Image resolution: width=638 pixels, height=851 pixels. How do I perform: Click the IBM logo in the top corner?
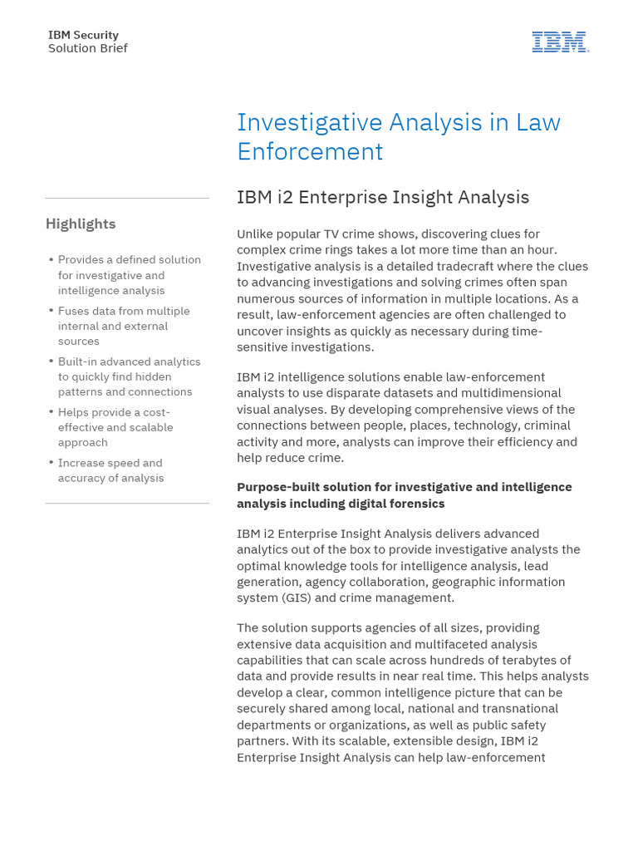pyautogui.click(x=561, y=42)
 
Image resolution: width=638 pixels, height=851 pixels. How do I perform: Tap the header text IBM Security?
pyautogui.click(x=83, y=35)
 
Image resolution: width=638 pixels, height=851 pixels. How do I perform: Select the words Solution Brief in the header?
pyautogui.click(x=88, y=48)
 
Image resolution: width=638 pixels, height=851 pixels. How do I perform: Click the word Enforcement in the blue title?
pyautogui.click(x=310, y=151)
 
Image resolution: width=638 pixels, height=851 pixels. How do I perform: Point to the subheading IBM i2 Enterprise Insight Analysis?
pyautogui.click(x=383, y=197)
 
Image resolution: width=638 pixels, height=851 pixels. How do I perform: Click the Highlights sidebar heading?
pyautogui.click(x=81, y=224)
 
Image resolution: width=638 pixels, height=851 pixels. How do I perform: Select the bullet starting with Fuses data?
pyautogui.click(x=124, y=326)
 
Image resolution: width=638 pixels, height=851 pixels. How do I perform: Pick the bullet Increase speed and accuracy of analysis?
pyautogui.click(x=110, y=470)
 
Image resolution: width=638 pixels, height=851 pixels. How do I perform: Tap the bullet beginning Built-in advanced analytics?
pyautogui.click(x=129, y=376)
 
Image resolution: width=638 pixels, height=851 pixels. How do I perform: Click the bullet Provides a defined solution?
pyautogui.click(x=129, y=275)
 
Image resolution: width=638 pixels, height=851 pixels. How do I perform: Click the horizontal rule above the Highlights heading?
pyautogui.click(x=127, y=198)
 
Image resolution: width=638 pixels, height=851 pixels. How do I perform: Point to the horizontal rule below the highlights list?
pyautogui.click(x=127, y=503)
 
